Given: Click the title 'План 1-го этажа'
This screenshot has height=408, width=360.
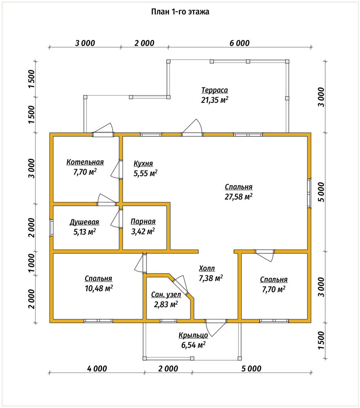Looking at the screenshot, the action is tap(180, 12).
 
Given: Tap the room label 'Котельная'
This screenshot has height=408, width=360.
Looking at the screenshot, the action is tap(85, 162).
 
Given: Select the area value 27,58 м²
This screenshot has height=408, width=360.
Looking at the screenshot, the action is tap(238, 197).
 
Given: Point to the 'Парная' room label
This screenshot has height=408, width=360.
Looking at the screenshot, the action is tap(143, 222).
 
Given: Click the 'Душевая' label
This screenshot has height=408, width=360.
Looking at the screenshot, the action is tap(84, 222).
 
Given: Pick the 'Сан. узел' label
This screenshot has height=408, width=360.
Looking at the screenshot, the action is tap(166, 295).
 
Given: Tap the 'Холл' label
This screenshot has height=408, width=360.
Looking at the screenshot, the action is tap(207, 268).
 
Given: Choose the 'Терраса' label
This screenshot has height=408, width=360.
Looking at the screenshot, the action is tap(215, 90).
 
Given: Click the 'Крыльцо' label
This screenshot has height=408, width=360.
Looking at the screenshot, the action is tap(193, 335).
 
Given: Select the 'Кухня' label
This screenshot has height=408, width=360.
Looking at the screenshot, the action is tap(143, 164).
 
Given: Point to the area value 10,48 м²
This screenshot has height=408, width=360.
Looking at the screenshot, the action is tap(99, 288).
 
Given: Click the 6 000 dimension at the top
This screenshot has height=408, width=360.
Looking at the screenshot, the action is tap(240, 43).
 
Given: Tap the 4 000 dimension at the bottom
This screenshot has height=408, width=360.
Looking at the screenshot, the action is tap(97, 368).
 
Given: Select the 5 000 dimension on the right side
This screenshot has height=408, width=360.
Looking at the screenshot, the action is tap(322, 192).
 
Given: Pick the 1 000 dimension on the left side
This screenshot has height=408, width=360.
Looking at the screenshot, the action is tap(31, 263).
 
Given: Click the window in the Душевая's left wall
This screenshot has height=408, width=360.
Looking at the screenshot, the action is tap(51, 228).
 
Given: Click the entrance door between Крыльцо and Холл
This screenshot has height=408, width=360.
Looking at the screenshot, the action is tap(216, 325).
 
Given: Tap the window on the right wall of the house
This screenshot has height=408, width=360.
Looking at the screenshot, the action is tap(309, 193).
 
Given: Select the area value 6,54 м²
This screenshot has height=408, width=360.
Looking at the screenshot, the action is tap(193, 345).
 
